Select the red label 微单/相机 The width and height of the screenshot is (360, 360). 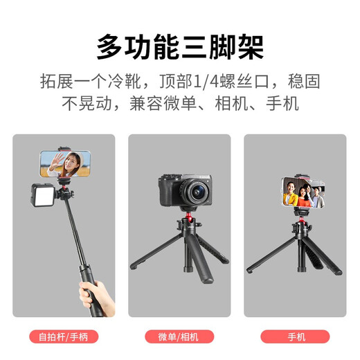[179, 338]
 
